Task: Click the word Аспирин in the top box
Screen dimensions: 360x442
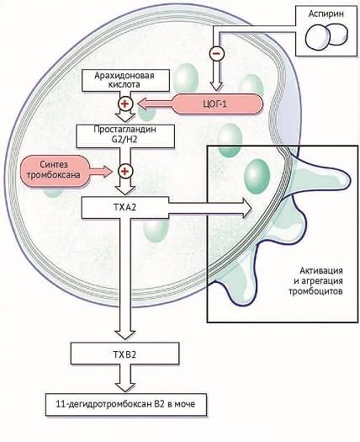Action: coord(326,13)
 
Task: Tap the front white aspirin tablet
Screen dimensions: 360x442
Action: coord(318,37)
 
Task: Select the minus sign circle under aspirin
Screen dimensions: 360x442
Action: coord(217,53)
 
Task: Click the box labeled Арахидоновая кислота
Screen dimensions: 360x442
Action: coord(125,80)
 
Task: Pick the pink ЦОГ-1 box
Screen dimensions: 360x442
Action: coord(218,104)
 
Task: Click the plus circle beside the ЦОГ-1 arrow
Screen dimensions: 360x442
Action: coord(124,104)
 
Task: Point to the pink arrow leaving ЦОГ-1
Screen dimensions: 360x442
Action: coord(155,104)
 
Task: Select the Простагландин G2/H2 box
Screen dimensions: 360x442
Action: coord(125,136)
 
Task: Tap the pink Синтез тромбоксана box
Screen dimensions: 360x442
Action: coord(52,170)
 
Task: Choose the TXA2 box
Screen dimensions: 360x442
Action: coord(124,208)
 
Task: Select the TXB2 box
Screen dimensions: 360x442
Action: coord(124,354)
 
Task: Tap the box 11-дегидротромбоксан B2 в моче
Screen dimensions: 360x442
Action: coord(126,404)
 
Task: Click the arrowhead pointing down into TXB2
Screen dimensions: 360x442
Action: coord(125,335)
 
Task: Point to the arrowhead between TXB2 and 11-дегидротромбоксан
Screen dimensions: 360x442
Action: coord(125,386)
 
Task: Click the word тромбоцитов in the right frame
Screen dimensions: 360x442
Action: coord(315,291)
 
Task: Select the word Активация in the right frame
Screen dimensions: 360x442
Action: coord(321,270)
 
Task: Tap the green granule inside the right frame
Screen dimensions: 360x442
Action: coord(257,177)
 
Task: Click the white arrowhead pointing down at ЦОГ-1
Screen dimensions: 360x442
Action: coord(217,87)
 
